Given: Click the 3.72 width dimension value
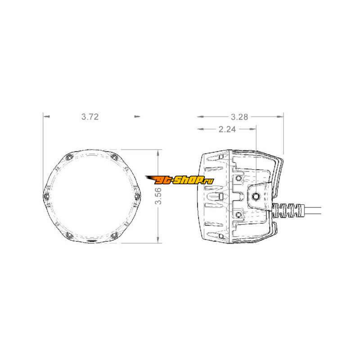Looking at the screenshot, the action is (x=90, y=117).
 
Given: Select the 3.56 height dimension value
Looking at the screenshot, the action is (x=158, y=196).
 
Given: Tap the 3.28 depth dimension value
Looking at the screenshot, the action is (x=239, y=117).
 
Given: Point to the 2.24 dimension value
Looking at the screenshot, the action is (x=227, y=129).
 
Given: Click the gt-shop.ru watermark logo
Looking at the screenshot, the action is (x=180, y=180).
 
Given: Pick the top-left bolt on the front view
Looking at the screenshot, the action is (x=69, y=157).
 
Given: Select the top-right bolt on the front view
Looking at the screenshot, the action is (x=114, y=157).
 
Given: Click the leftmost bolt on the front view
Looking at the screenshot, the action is (x=47, y=196).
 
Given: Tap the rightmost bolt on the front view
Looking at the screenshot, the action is (x=137, y=196).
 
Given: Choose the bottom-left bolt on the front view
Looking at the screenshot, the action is (x=69, y=235).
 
